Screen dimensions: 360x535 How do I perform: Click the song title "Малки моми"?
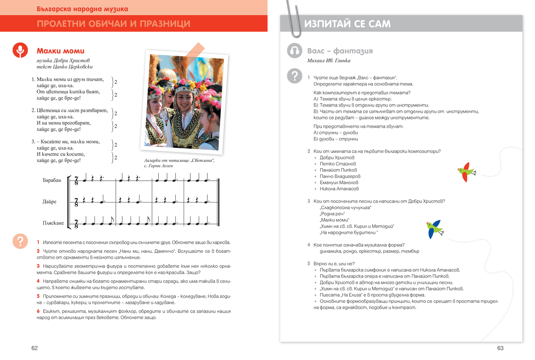point(60,51)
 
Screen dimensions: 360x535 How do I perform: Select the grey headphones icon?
point(294,51)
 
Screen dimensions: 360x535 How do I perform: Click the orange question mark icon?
point(20,241)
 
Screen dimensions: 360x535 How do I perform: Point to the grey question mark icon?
point(294,76)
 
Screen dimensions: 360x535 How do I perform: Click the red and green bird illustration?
point(466,172)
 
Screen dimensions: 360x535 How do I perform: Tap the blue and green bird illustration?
point(435,228)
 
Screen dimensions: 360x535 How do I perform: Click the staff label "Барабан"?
point(53,180)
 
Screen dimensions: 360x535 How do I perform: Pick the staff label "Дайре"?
point(49,202)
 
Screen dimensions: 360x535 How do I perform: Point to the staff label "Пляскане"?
point(53,223)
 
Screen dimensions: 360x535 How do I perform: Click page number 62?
point(34,348)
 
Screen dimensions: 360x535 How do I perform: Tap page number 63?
point(500,348)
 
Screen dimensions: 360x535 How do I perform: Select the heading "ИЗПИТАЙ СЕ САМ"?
point(347,24)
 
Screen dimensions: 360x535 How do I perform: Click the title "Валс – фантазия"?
point(340,51)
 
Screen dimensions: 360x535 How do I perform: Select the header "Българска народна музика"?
point(82,9)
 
